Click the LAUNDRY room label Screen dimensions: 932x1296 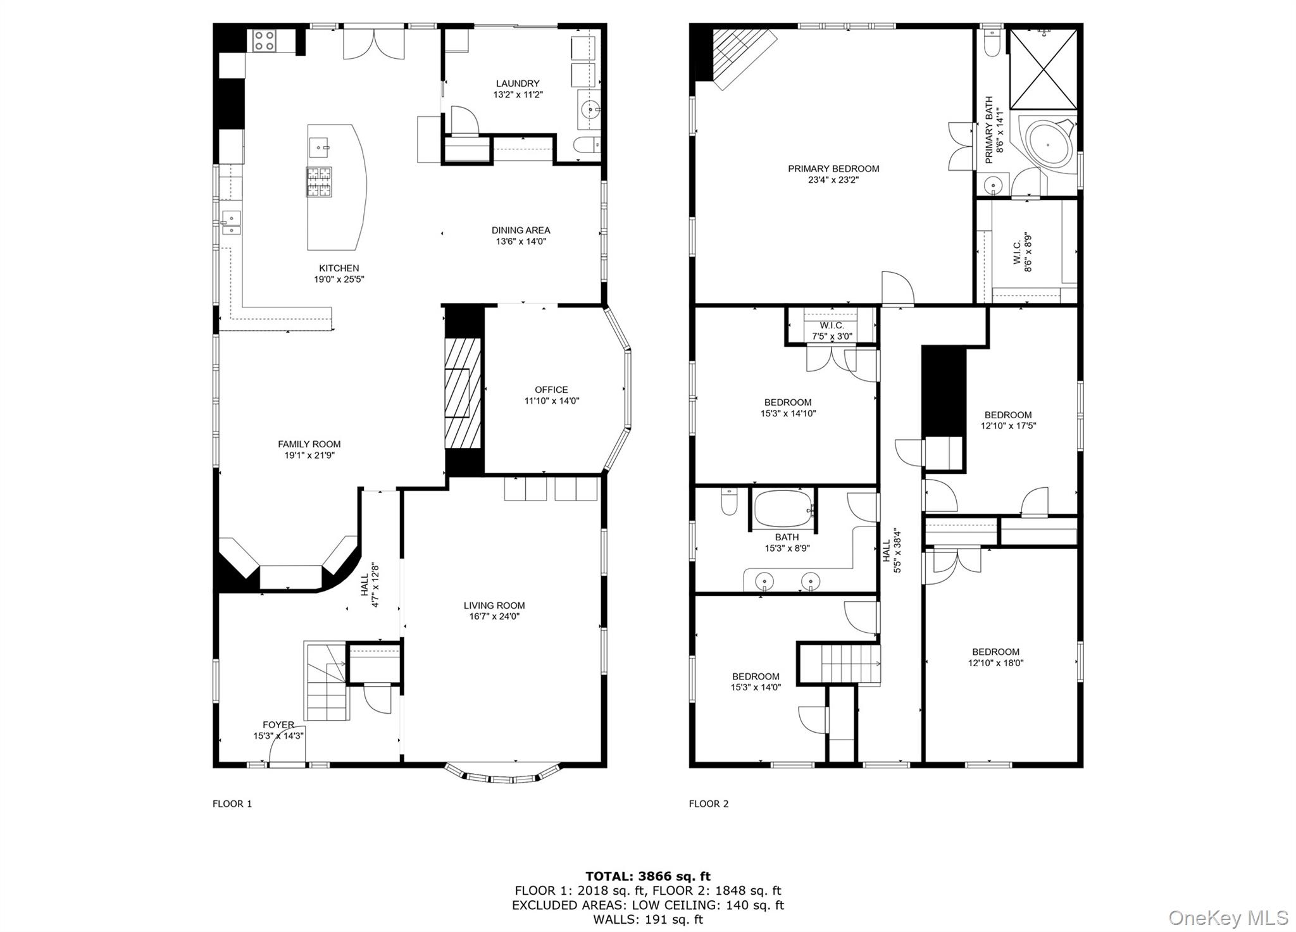(518, 84)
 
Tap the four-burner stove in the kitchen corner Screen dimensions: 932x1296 (264, 41)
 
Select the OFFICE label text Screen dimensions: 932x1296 (551, 390)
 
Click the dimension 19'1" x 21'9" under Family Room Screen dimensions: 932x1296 (309, 455)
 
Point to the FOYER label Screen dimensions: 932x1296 (278, 725)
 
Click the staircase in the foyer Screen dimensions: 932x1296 (327, 682)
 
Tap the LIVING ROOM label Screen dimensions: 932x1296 (494, 606)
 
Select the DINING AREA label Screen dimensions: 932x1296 (521, 230)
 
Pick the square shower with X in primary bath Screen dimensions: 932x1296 (1043, 69)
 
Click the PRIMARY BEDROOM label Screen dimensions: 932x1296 (833, 169)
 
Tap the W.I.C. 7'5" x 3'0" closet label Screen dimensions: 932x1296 (832, 331)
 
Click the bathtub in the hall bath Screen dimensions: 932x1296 (783, 510)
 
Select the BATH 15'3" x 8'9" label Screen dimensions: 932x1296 (787, 543)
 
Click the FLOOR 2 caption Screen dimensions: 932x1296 (708, 804)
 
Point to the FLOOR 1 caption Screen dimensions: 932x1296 (232, 804)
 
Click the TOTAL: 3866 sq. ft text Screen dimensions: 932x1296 (647, 876)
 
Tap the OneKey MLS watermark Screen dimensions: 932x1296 (1228, 917)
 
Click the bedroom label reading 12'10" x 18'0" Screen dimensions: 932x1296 (995, 663)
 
